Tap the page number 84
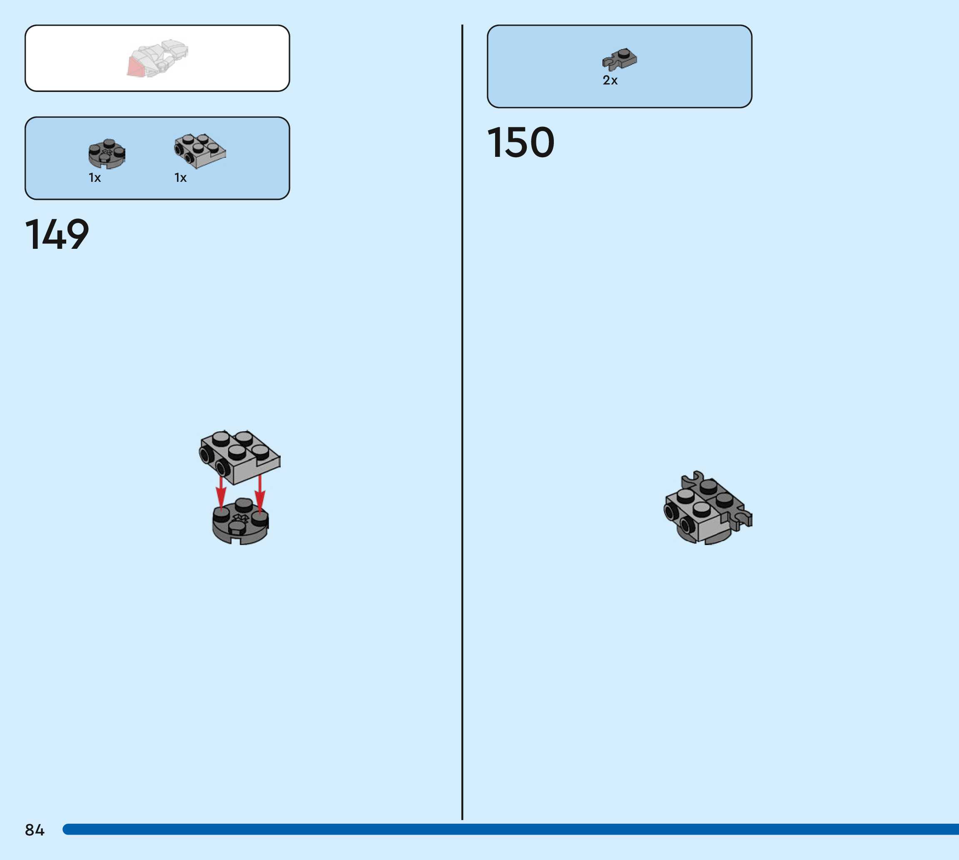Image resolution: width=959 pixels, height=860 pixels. (x=35, y=830)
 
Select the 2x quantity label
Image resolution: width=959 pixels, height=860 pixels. (x=610, y=80)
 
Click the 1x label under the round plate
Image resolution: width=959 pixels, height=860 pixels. (x=95, y=178)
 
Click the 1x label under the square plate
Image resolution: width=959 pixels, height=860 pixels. (x=180, y=178)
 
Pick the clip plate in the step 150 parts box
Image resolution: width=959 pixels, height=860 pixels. (x=620, y=59)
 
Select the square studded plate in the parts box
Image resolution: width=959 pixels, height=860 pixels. (x=199, y=150)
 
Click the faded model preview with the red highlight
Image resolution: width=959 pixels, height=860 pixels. (x=157, y=58)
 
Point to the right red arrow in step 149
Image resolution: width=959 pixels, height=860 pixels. (x=259, y=494)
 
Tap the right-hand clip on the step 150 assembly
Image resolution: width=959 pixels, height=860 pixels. (x=742, y=518)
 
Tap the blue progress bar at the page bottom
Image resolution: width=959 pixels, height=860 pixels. (x=511, y=829)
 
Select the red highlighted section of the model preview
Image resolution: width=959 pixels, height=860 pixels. (x=136, y=67)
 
